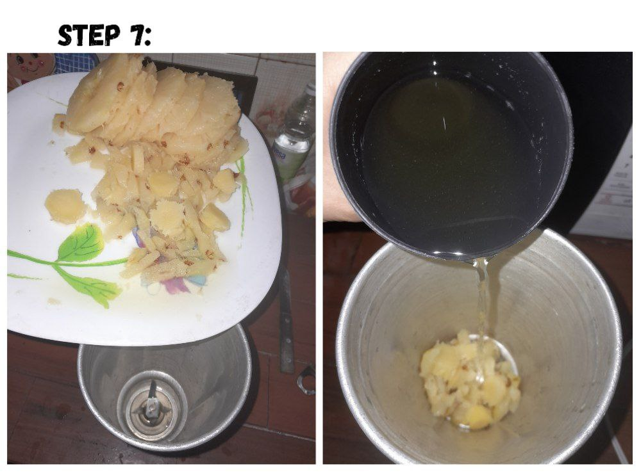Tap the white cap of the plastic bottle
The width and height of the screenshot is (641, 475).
(x=312, y=90)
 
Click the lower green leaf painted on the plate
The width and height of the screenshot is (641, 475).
(x=87, y=287)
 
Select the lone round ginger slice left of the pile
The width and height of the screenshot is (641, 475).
(x=66, y=206)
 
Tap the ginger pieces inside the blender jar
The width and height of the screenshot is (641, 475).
(x=470, y=380)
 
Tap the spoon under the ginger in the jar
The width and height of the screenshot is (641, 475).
(x=497, y=351)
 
